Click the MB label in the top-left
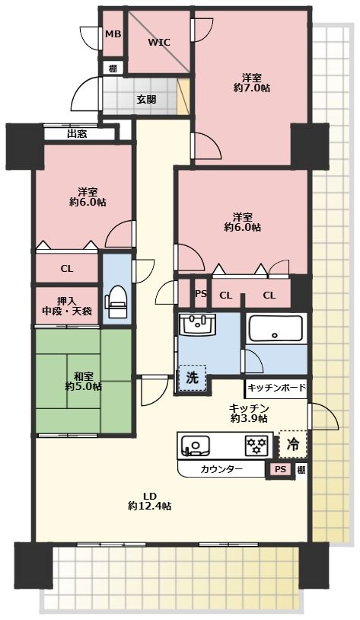[113, 34]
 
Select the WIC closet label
[159, 43]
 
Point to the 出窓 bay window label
[77, 134]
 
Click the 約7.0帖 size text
[253, 88]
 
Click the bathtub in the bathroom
[276, 329]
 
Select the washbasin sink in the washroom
[198, 326]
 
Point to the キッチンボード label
[276, 388]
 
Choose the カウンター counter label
[222, 469]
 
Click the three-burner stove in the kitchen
[256, 446]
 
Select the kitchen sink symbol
[196, 446]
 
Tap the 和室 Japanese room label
[83, 376]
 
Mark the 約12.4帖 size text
[149, 506]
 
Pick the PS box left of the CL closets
[200, 295]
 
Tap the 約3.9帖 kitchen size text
[249, 418]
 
